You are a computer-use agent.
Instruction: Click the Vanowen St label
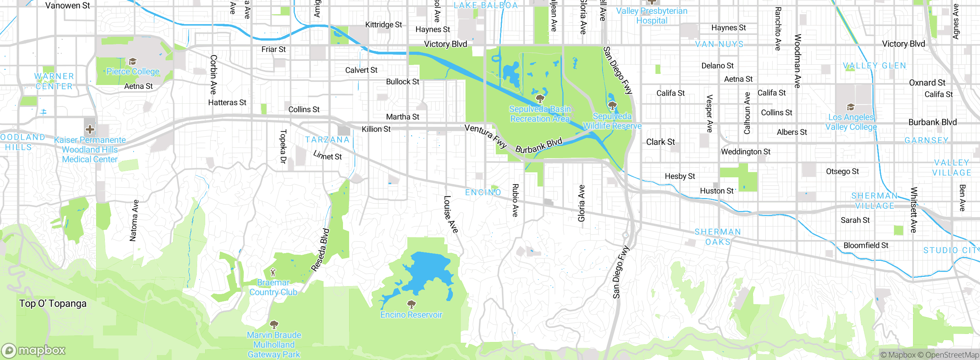[x=67, y=6]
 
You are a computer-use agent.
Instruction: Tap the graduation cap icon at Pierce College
[x=132, y=62]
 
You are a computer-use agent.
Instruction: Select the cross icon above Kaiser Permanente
[x=90, y=129]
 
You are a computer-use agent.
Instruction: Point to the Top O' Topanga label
[x=53, y=304]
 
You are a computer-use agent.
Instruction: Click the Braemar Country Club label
[x=273, y=287]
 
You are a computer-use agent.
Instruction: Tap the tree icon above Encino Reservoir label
[x=412, y=304]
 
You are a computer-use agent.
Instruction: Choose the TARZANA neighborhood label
[x=327, y=140]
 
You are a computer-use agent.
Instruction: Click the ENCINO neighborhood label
[x=483, y=192]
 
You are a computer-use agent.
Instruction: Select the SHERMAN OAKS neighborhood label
[x=718, y=237]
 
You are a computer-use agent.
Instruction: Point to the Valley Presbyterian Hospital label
[x=652, y=16]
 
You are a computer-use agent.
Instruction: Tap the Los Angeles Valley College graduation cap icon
[x=851, y=107]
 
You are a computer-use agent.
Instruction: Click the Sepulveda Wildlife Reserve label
[x=612, y=121]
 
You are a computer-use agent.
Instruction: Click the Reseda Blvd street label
[x=321, y=250]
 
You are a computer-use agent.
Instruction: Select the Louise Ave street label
[x=451, y=214]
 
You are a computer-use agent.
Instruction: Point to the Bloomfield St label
[x=866, y=245]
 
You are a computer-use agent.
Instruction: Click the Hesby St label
[x=680, y=176]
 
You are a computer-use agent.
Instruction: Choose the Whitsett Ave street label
[x=914, y=210]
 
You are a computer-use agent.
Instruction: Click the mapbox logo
[x=34, y=350]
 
